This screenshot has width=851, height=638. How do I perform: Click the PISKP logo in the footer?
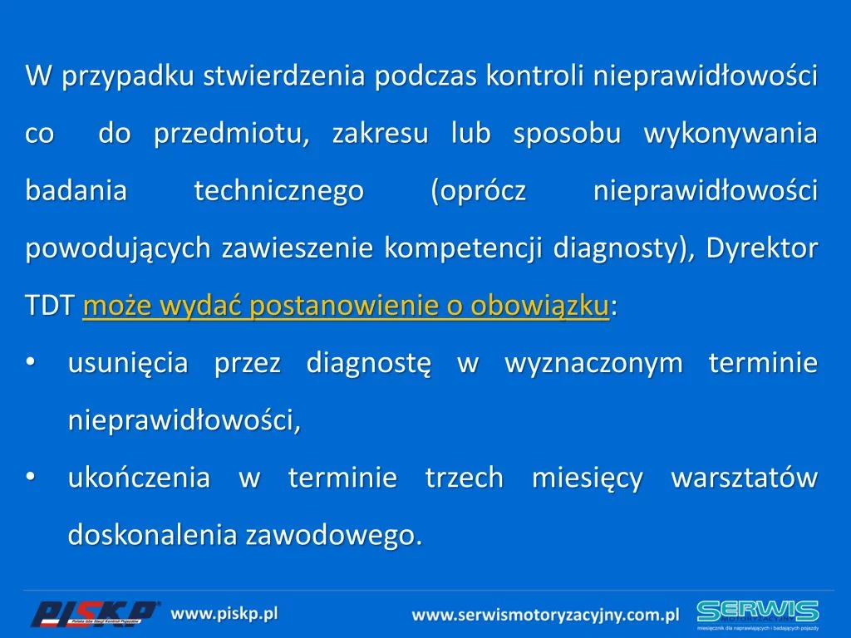click(94, 614)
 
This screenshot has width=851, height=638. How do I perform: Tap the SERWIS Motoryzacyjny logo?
click(758, 615)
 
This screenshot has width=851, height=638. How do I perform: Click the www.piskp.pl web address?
click(224, 614)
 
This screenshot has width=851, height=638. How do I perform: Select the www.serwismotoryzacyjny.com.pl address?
click(545, 615)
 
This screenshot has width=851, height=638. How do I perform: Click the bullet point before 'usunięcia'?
click(31, 361)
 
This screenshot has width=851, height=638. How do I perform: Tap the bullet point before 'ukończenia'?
click(31, 476)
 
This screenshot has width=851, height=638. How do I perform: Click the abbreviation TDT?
click(49, 306)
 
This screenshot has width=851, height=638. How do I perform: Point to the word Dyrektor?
click(762, 248)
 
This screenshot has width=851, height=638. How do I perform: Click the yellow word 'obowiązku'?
click(539, 306)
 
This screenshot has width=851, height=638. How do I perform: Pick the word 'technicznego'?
click(279, 191)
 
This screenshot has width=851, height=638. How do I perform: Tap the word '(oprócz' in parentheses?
click(479, 191)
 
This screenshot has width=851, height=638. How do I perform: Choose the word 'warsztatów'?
click(745, 478)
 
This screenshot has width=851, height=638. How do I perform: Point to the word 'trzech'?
click(465, 478)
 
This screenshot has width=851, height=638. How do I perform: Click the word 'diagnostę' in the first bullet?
click(369, 363)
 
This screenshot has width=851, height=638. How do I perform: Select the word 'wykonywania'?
click(730, 134)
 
